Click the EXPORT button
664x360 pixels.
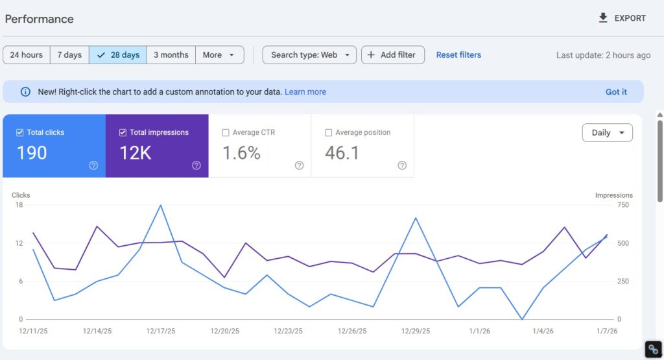(622, 18)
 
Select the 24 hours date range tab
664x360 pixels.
(27, 55)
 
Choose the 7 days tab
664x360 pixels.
(69, 55)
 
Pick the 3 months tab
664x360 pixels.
(171, 55)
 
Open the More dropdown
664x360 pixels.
(219, 55)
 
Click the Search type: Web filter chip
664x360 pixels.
(309, 55)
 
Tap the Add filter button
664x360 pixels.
(392, 55)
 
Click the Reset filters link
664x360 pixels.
(458, 55)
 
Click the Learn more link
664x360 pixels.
(305, 92)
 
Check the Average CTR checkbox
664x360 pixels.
(226, 132)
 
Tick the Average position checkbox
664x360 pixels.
(329, 132)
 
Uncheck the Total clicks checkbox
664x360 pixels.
(20, 132)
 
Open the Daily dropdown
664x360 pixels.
(607, 132)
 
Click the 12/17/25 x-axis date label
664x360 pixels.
(160, 331)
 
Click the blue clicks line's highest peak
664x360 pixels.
(160, 205)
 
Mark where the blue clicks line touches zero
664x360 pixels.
(522, 319)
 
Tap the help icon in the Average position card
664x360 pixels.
(402, 165)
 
